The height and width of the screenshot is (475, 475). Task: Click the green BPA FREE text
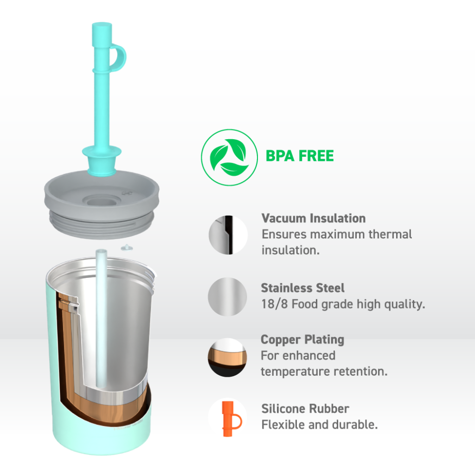300,156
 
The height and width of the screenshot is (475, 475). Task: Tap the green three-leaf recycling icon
229,158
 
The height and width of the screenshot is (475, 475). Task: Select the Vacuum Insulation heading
314,218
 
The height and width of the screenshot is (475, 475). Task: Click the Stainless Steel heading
302,288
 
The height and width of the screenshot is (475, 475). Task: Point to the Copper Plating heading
302,340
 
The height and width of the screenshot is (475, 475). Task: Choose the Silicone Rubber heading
305,409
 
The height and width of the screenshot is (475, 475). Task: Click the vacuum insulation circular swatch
228,235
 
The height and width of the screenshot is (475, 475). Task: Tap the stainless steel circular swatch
227,297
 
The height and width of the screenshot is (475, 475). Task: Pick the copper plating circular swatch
227,358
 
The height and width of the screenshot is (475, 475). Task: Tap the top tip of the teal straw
102,24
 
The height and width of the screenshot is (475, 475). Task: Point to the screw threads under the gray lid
102,224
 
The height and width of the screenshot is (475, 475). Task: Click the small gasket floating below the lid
127,248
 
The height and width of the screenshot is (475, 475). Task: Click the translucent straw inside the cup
101,318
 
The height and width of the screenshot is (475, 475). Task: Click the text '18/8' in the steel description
275,304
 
